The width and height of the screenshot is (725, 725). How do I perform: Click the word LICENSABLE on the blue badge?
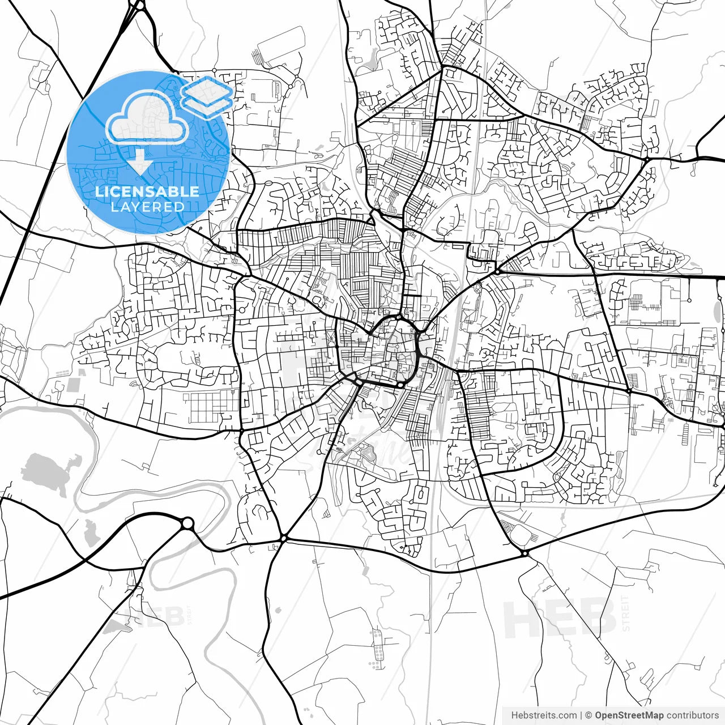(147, 191)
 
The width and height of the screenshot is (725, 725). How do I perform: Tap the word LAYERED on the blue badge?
(147, 207)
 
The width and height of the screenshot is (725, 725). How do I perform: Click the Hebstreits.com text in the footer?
(544, 715)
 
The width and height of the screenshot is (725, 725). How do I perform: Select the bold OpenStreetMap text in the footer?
(629, 715)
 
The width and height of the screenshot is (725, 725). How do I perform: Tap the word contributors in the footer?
(692, 715)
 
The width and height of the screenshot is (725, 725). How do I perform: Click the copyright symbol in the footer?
(589, 715)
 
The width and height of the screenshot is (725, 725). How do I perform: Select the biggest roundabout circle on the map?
(187, 523)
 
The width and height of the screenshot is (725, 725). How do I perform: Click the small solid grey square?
(74, 386)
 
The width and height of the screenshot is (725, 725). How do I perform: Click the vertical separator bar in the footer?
(582, 715)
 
